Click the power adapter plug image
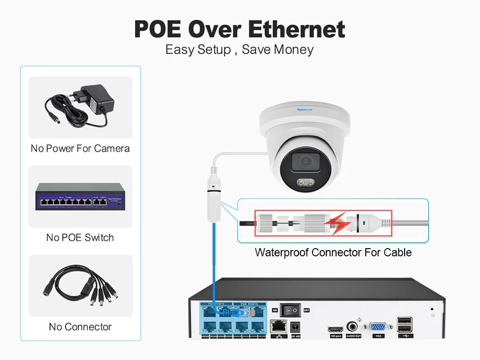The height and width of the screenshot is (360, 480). point(80,107)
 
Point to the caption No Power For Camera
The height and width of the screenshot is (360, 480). point(80,148)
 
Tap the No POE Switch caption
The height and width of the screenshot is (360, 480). point(80,237)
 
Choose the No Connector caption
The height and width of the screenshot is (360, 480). point(80,327)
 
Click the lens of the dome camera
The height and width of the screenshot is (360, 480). point(306,162)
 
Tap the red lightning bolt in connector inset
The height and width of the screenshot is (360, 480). point(340,221)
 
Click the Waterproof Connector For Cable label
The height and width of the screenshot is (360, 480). point(333,252)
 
